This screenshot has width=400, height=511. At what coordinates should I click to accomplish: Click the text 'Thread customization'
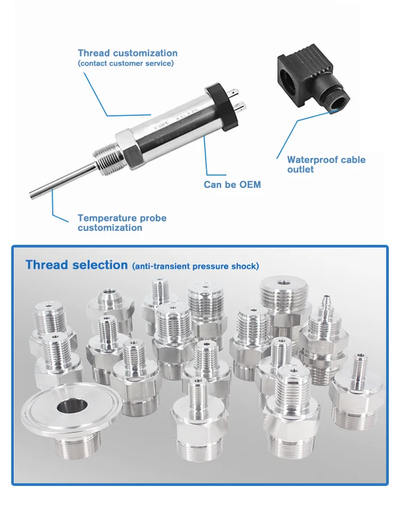tap(127, 53)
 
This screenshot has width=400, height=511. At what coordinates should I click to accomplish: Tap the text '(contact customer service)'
tap(125, 63)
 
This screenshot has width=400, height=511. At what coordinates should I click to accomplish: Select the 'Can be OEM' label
tap(232, 185)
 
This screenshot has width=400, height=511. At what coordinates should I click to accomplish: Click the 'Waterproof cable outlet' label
tap(326, 164)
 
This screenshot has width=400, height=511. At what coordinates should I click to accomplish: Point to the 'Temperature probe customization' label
tap(122, 223)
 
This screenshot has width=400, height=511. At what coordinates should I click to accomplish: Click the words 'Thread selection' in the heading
tap(76, 265)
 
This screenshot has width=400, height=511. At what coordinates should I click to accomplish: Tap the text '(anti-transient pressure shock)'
tap(195, 266)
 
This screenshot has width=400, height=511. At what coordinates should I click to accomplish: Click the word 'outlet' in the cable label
tap(301, 170)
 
